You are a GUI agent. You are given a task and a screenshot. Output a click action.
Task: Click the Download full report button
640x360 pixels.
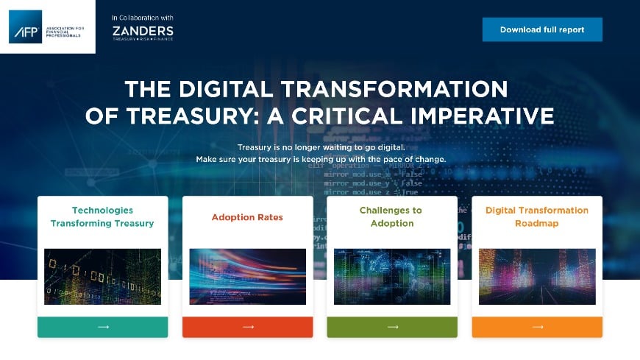542,29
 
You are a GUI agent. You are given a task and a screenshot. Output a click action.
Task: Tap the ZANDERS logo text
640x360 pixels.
143,31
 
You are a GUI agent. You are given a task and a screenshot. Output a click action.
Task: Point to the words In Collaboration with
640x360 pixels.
143,17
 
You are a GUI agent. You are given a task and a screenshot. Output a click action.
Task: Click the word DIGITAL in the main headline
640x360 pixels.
243,89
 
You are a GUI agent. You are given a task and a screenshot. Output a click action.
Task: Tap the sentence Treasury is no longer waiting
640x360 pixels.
321,147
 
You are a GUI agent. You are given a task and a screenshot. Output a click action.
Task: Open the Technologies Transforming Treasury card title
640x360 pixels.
102,216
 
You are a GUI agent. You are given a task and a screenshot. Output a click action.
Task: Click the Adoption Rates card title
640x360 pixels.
247,217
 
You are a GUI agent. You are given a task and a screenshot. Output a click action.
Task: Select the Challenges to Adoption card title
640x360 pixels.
392,216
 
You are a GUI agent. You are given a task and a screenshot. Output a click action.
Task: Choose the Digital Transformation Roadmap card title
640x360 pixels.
537,216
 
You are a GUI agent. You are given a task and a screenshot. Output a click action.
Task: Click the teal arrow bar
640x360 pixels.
102,327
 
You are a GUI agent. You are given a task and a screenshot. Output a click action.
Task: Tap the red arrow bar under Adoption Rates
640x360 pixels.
247,327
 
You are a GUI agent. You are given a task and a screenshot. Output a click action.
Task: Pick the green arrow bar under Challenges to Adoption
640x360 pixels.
392,327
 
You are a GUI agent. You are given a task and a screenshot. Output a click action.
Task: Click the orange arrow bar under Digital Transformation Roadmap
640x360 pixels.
537,327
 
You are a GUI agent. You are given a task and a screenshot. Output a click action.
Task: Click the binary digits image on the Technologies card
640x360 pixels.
102,277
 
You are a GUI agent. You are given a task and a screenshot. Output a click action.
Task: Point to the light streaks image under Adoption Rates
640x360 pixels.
247,277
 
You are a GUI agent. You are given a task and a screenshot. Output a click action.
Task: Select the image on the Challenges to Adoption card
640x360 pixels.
392,277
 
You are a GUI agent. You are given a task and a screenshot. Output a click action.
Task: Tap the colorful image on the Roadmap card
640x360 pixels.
537,277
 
